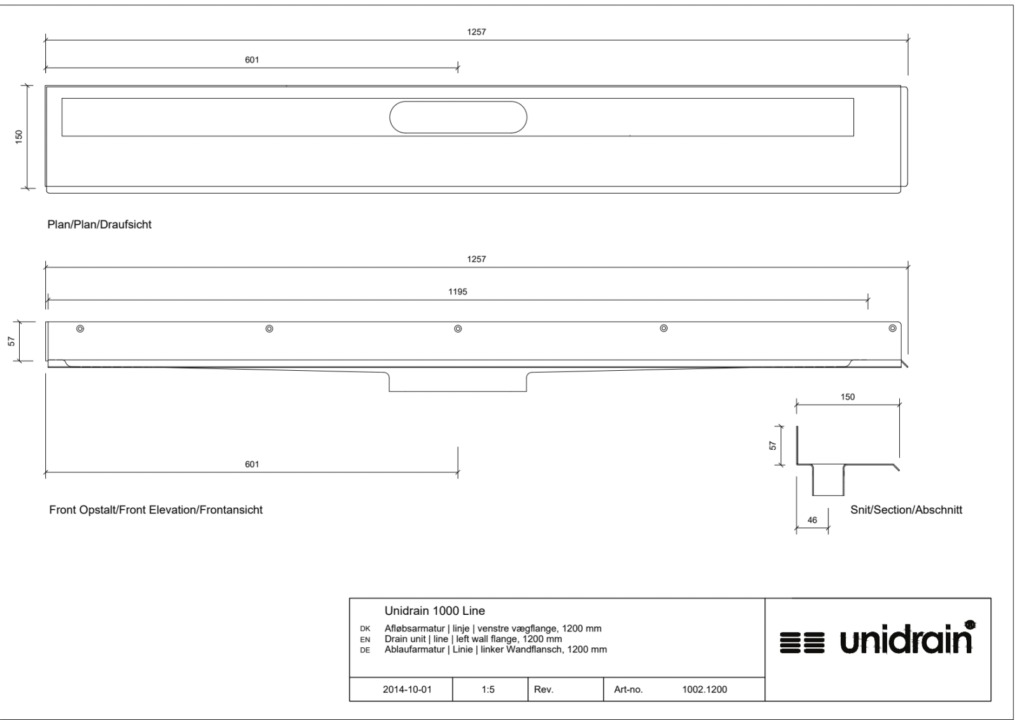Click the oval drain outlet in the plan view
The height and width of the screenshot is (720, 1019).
coord(458,102)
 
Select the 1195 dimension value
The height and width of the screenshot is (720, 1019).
coord(458,292)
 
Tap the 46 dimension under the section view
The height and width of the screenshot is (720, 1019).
coord(812,520)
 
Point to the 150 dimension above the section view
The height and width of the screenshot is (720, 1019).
coord(848,397)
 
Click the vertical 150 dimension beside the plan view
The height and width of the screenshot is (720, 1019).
coord(19,137)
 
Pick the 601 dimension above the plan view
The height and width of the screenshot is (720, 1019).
coord(252,60)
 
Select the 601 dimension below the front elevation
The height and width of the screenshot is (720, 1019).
coord(252,464)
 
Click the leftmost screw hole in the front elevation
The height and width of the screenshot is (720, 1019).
coord(80,329)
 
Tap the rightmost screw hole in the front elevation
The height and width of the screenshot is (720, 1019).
coord(892,328)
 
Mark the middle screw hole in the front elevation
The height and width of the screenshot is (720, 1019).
coord(458,329)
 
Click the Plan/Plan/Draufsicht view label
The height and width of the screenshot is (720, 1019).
coord(99,224)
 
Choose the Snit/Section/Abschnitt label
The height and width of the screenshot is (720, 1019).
coord(906,510)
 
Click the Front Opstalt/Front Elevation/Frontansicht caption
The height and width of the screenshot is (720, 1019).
coord(155,510)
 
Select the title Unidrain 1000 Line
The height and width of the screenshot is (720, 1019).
coord(435,611)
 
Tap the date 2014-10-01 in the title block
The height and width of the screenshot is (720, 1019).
coord(407,689)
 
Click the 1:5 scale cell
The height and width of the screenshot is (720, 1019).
coord(488,689)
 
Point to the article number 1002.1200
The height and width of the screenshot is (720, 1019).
coord(704,689)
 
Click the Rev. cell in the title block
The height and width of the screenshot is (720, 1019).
coord(544,689)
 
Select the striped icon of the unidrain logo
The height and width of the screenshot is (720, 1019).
coord(802,643)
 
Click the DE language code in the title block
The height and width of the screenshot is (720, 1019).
coord(365,650)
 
